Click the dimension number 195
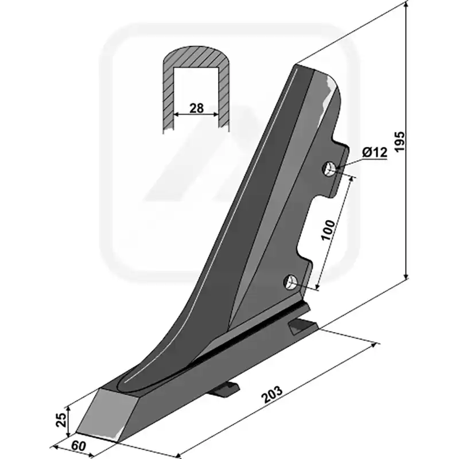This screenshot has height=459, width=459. point(399,142)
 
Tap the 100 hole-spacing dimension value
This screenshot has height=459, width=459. point(328,230)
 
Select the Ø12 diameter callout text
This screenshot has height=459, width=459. point(375,152)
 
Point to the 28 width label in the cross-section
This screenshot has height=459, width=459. point(196,108)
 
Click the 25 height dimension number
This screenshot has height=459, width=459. point(61,420)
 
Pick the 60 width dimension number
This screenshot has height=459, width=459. point(79,446)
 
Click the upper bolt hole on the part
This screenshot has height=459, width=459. point(329,169)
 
